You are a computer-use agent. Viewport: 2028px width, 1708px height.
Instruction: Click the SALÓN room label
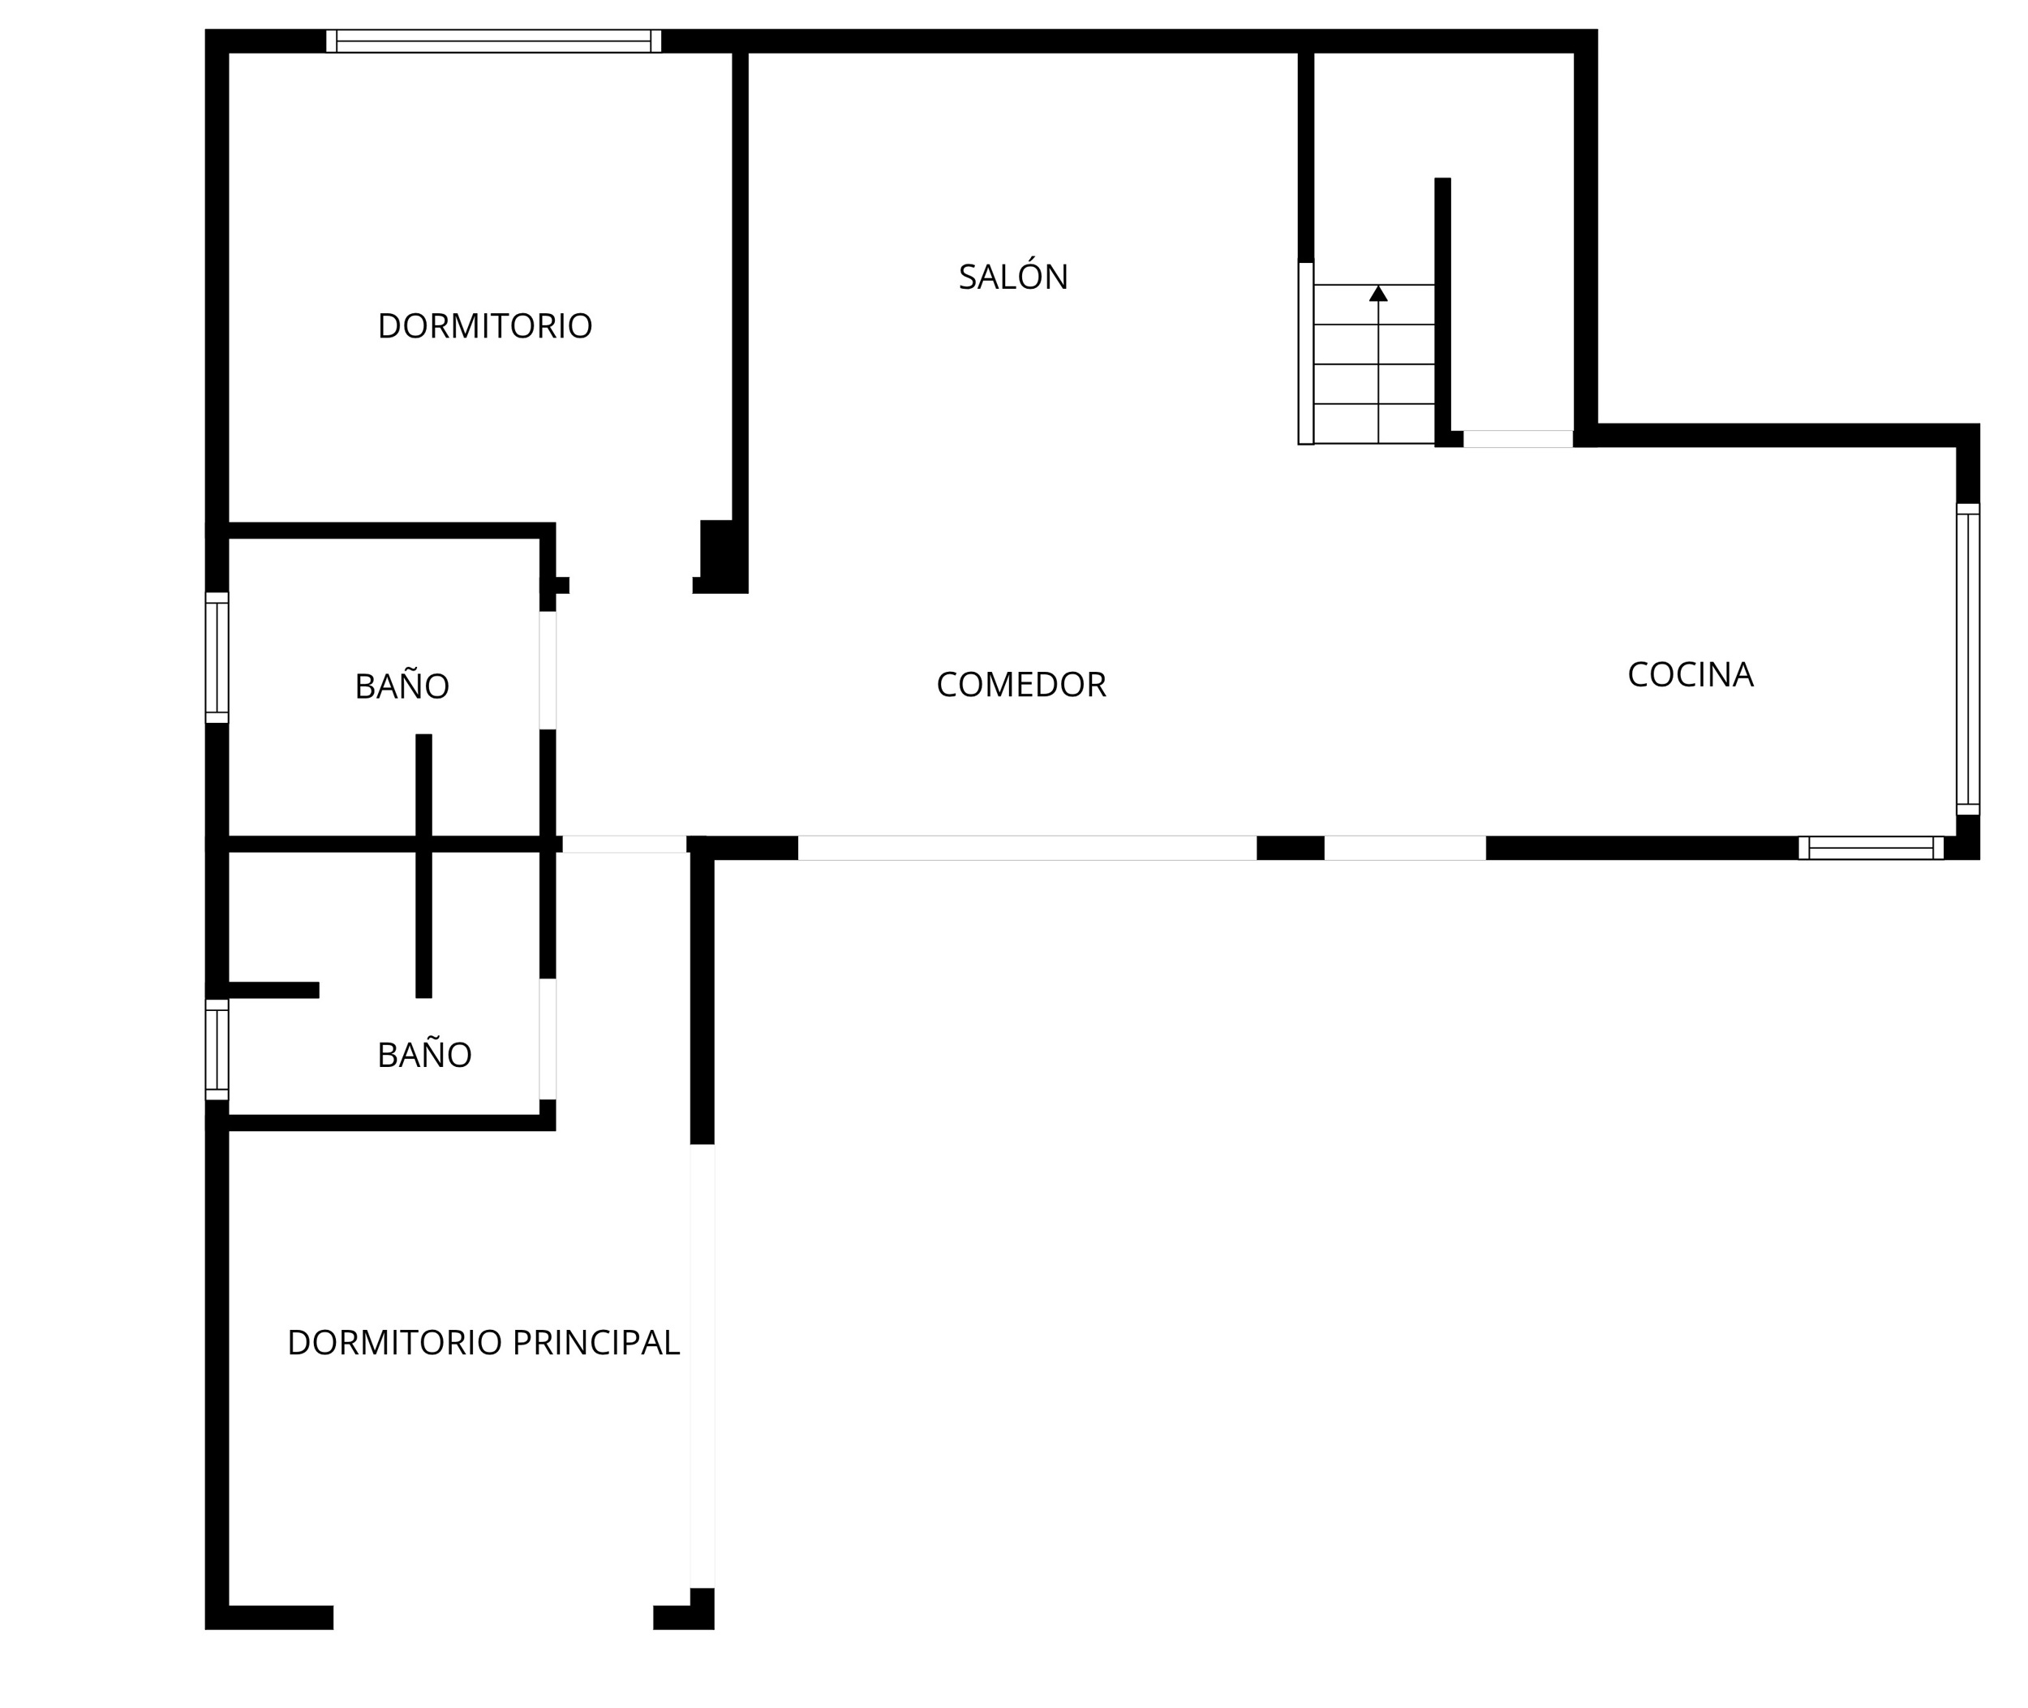(1012, 276)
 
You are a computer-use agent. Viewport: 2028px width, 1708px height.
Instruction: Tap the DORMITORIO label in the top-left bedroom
(484, 326)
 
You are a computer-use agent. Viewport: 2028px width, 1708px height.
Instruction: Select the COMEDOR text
(1020, 685)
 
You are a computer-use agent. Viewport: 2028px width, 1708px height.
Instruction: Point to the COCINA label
(1691, 675)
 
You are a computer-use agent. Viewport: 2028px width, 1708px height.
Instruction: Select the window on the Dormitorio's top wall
(494, 41)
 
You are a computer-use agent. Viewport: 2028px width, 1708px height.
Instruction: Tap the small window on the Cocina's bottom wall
(1871, 848)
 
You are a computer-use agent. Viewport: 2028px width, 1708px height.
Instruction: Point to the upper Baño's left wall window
(217, 657)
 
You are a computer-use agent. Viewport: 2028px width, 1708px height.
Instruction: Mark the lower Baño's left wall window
(217, 1050)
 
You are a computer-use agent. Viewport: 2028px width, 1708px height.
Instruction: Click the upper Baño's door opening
(548, 670)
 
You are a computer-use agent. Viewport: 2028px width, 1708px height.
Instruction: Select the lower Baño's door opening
(548, 1039)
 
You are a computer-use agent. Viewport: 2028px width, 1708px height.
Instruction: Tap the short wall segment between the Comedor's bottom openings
(1291, 848)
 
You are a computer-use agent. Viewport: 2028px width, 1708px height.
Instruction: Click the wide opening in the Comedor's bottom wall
(1027, 848)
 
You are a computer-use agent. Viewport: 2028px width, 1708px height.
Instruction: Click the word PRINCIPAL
(595, 1342)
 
